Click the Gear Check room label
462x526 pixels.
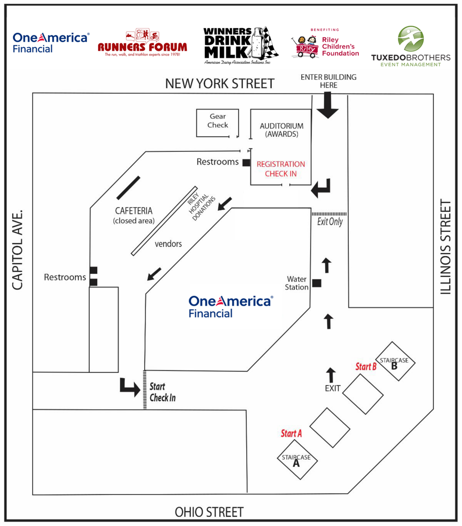coord(217,121)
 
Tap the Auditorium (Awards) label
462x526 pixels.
coord(281,130)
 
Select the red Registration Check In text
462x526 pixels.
coord(281,169)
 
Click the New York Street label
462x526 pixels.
coord(220,84)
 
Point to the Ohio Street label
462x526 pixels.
coord(209,512)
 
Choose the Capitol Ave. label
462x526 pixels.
coord(17,250)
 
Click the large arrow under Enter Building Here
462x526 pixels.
coord(327,105)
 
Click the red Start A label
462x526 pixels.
coord(291,433)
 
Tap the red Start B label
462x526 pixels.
coord(366,366)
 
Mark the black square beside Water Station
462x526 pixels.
coord(317,283)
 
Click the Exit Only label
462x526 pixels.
coord(330,222)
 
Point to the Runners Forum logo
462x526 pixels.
coord(142,43)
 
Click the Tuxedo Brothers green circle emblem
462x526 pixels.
coord(411,38)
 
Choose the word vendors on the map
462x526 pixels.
coord(168,244)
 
